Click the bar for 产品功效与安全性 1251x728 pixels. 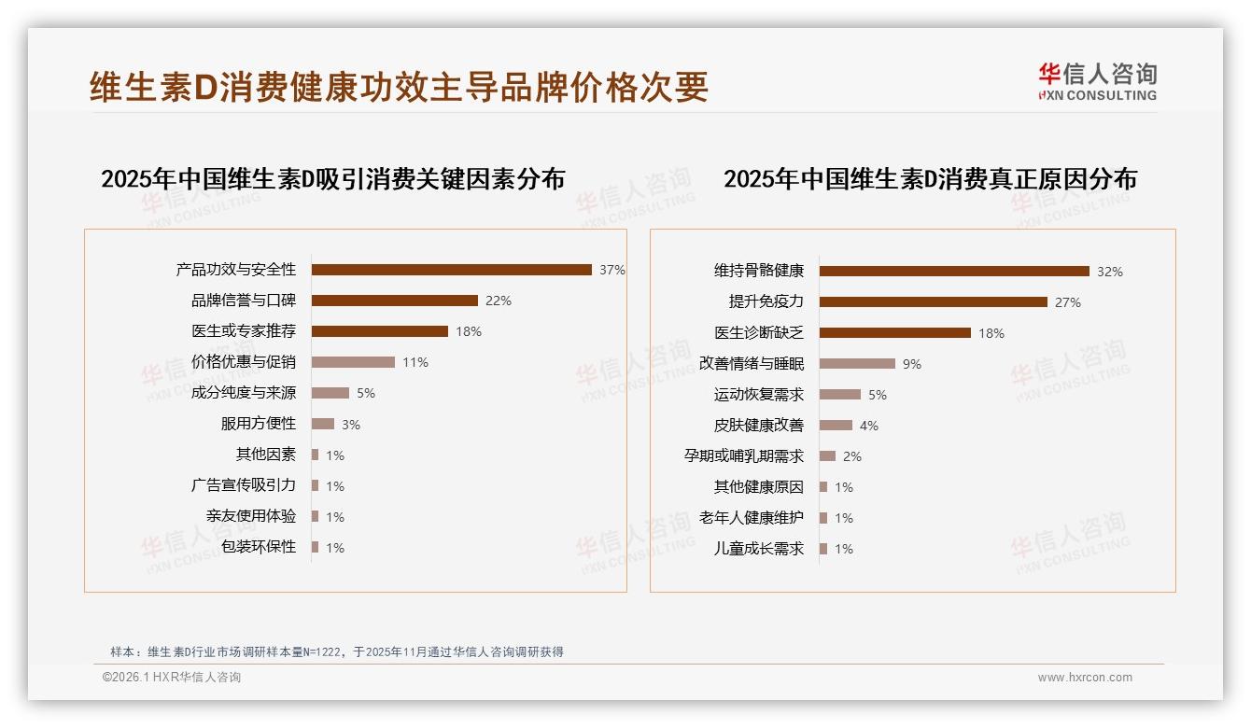pyautogui.click(x=451, y=270)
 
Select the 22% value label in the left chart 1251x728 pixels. pyautogui.click(x=499, y=301)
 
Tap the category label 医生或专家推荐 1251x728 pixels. pyautogui.click(x=244, y=331)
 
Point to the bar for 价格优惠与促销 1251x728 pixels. pyautogui.click(x=353, y=362)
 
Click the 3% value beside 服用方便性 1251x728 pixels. pyautogui.click(x=351, y=425)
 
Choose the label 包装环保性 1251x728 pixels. pyautogui.click(x=259, y=547)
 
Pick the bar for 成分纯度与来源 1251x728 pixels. pyautogui.click(x=330, y=393)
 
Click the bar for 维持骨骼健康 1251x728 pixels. pyautogui.click(x=954, y=272)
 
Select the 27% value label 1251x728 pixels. pyautogui.click(x=1068, y=302)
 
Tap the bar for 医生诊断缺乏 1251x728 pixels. pyautogui.click(x=895, y=333)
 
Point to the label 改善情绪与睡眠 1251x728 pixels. pyautogui.click(x=752, y=364)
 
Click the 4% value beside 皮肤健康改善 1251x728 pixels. pyautogui.click(x=869, y=426)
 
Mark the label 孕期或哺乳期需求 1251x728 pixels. pyautogui.click(x=744, y=456)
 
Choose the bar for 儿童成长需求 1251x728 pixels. pyautogui.click(x=823, y=549)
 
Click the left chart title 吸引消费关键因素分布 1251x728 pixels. pyautogui.click(x=333, y=179)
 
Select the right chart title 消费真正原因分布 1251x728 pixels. pyautogui.click(x=930, y=179)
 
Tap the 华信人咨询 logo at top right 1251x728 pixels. pyautogui.click(x=1097, y=81)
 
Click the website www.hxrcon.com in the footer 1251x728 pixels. pyautogui.click(x=1085, y=678)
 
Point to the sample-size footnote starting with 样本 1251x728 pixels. pyautogui.click(x=337, y=651)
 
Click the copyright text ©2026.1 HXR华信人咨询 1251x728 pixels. pyautogui.click(x=172, y=678)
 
